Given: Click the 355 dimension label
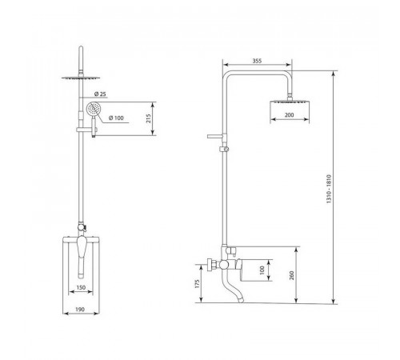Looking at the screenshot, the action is coord(257,61).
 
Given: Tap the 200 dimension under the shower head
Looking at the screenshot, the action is coord(290,115).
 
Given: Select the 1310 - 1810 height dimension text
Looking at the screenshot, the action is coord(329,189).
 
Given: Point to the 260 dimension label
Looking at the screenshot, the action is coord(291,275).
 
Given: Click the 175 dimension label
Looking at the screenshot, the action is coord(198,284).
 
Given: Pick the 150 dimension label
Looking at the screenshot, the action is coord(81,287).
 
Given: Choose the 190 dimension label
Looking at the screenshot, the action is coord(80,310).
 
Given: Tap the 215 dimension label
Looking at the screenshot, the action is coord(148,118).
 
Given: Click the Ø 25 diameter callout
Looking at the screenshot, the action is coord(100,94).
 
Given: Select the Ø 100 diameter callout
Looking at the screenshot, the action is coord(116,118).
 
